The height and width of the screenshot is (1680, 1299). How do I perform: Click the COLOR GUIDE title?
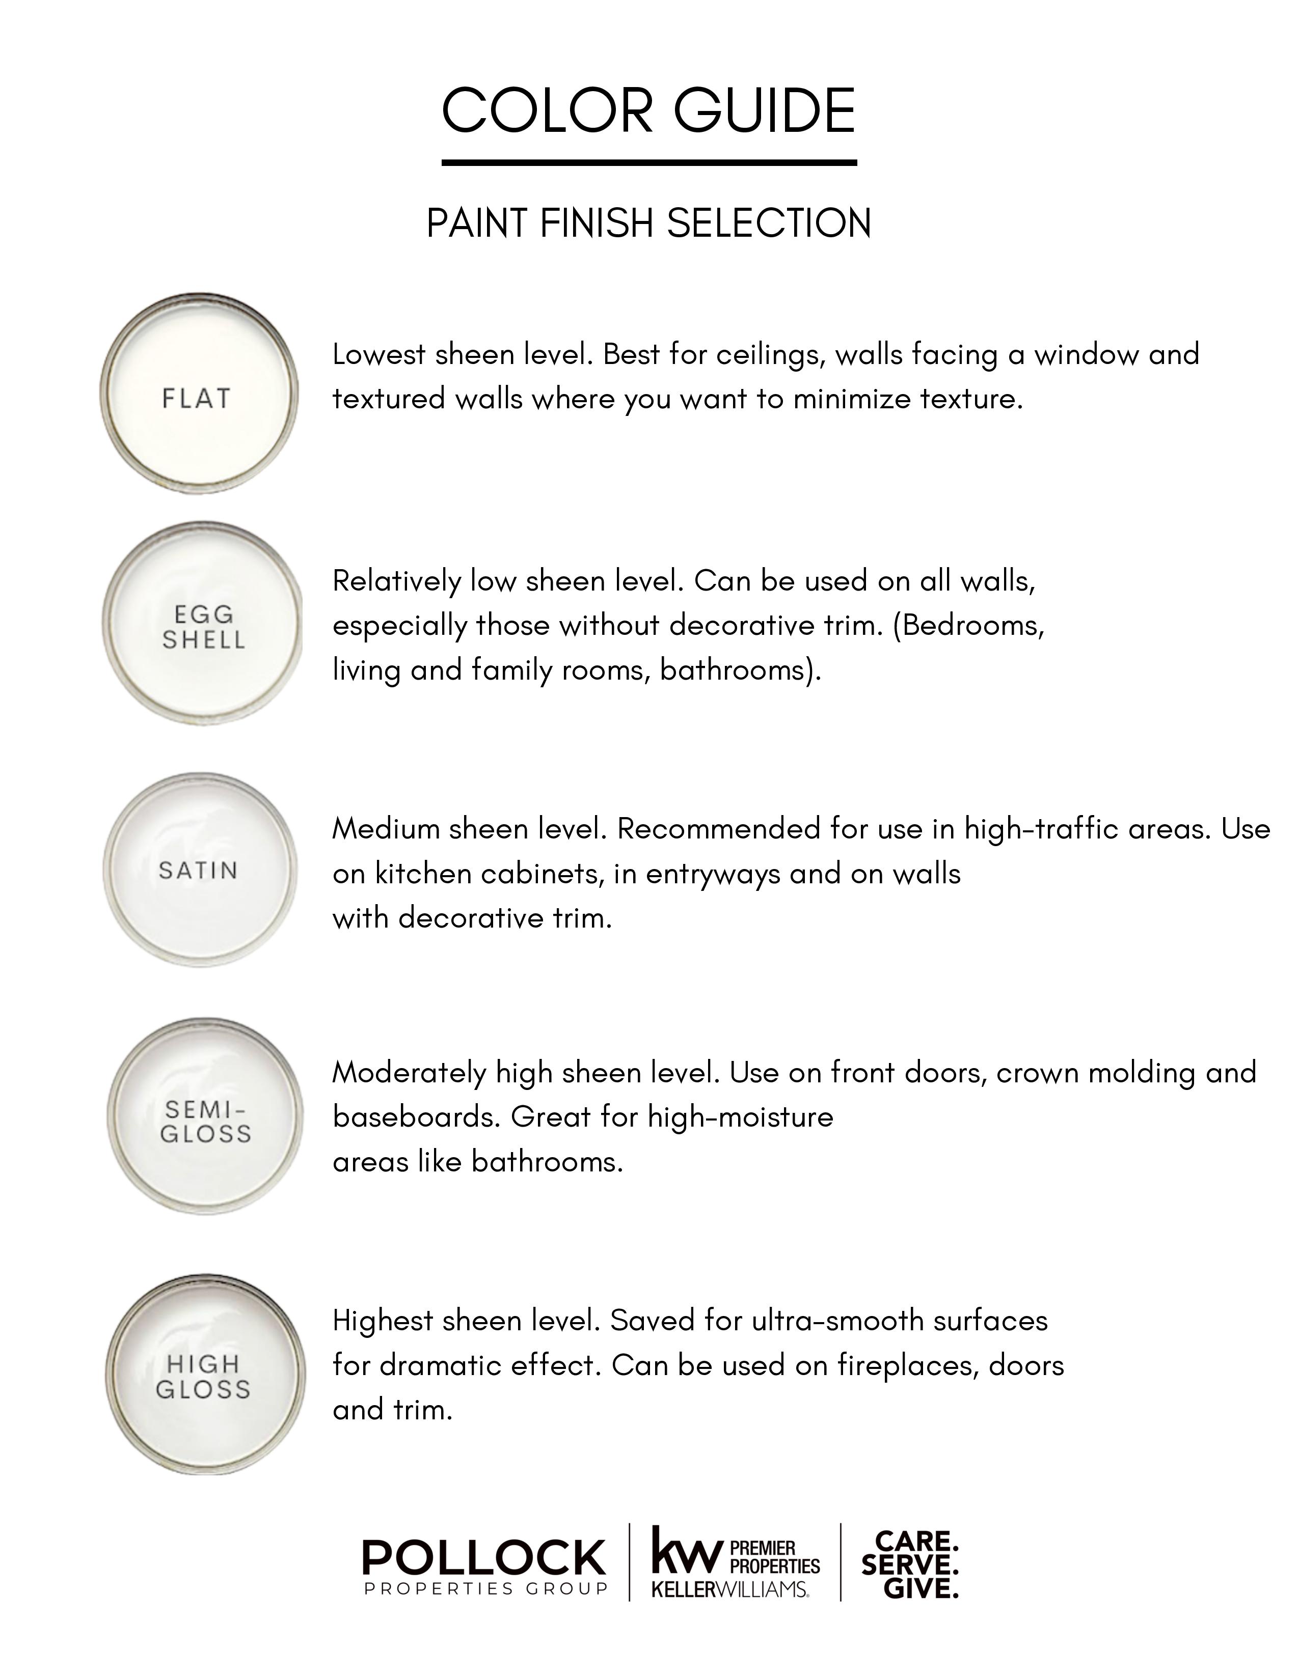coord(648,111)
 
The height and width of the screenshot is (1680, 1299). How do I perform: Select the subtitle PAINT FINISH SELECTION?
coord(648,224)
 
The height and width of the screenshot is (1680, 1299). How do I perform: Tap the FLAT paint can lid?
coord(199,393)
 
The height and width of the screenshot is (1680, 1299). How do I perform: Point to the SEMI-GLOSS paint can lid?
coord(205,1117)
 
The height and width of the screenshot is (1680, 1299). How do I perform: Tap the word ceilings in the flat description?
coord(770,355)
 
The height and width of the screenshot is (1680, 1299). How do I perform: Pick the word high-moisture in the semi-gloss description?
coord(740,1117)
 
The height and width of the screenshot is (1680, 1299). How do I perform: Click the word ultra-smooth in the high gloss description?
coord(838,1321)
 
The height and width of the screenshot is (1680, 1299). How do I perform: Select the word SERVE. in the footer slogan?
coord(910,1564)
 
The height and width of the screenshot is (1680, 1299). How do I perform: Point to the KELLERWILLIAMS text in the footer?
coord(729,1589)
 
